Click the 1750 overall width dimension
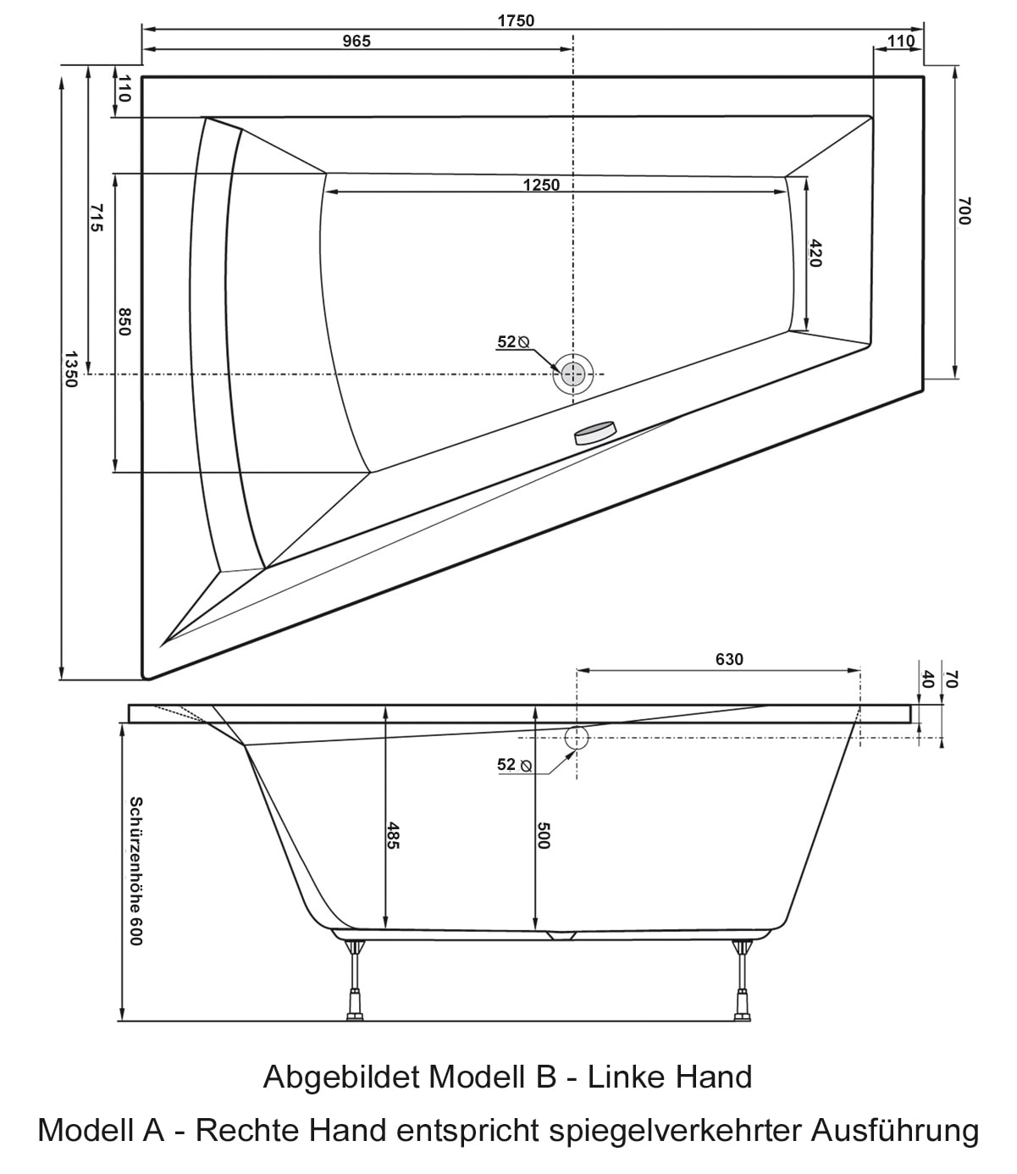coord(516,20)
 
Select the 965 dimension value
coord(357,41)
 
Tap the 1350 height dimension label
coord(69,369)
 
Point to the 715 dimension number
coord(96,218)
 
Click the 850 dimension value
coord(124,322)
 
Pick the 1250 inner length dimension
coord(541,186)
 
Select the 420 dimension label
coord(815,253)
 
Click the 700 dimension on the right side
coord(964,211)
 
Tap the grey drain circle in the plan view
coord(573,374)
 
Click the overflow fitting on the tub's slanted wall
coord(595,433)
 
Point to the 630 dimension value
coord(728,659)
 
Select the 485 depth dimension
coord(392,835)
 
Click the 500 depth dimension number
coord(543,835)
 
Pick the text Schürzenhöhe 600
coord(135,871)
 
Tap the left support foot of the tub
coord(356,980)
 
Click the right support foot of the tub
coord(742,980)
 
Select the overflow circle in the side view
coord(577,738)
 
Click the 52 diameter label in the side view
coord(515,765)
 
